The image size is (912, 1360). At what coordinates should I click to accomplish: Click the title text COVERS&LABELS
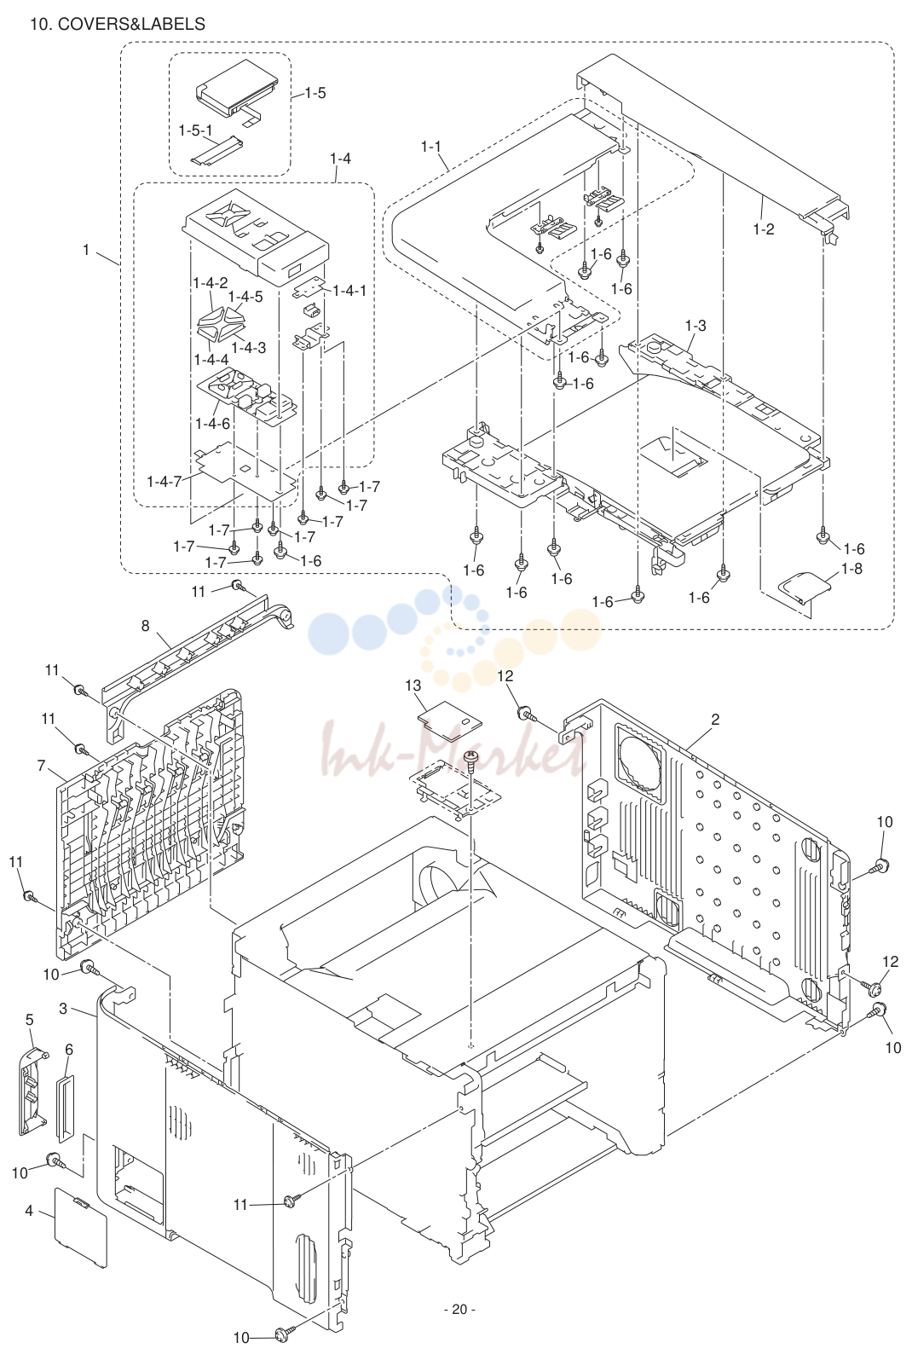pos(131,24)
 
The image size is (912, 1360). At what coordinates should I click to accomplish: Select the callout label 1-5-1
pos(195,130)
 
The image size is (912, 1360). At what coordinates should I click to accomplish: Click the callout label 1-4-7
pos(165,482)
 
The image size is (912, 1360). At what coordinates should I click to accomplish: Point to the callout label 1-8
pos(851,569)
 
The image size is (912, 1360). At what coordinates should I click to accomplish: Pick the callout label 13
pos(413,686)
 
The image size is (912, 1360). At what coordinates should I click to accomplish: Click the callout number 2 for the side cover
pos(715,720)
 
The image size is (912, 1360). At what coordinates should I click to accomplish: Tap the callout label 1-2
pos(764,229)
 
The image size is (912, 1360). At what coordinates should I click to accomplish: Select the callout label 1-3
pos(696,326)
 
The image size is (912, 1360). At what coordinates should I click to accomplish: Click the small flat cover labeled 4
pos(81,1228)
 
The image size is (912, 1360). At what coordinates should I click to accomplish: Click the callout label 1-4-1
pos(349,291)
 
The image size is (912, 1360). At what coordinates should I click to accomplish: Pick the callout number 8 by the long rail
pos(145,626)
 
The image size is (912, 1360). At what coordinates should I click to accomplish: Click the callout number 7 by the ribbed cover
pos(41,766)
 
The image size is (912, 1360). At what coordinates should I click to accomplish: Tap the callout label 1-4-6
pos(212,423)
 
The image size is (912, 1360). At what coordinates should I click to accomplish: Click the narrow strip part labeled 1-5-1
pos(216,151)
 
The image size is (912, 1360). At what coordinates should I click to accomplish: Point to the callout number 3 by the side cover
pos(63,1009)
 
